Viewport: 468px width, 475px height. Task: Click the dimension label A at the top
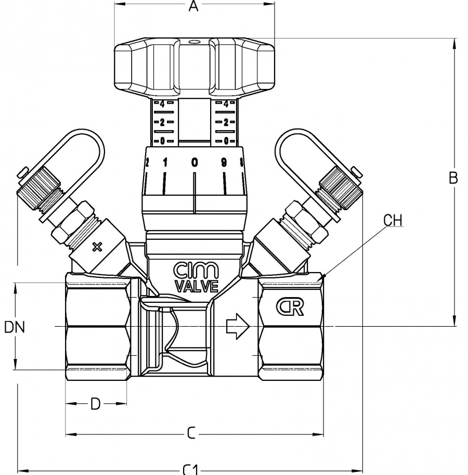194,7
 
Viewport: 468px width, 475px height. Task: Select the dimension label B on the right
453,178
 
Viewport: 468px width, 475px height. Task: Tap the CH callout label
393,220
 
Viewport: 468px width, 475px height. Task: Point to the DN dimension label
15,327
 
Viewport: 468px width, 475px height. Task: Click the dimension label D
95,404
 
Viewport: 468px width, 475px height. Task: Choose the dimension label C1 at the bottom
191,469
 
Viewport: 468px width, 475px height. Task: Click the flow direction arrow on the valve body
238,327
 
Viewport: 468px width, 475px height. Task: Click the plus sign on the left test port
97,247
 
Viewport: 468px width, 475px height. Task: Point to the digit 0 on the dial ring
194,162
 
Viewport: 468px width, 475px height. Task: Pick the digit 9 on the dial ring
224,162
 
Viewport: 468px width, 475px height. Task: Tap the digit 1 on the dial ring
165,162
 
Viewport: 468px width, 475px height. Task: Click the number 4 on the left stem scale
163,104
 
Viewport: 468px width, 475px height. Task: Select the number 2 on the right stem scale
226,122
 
